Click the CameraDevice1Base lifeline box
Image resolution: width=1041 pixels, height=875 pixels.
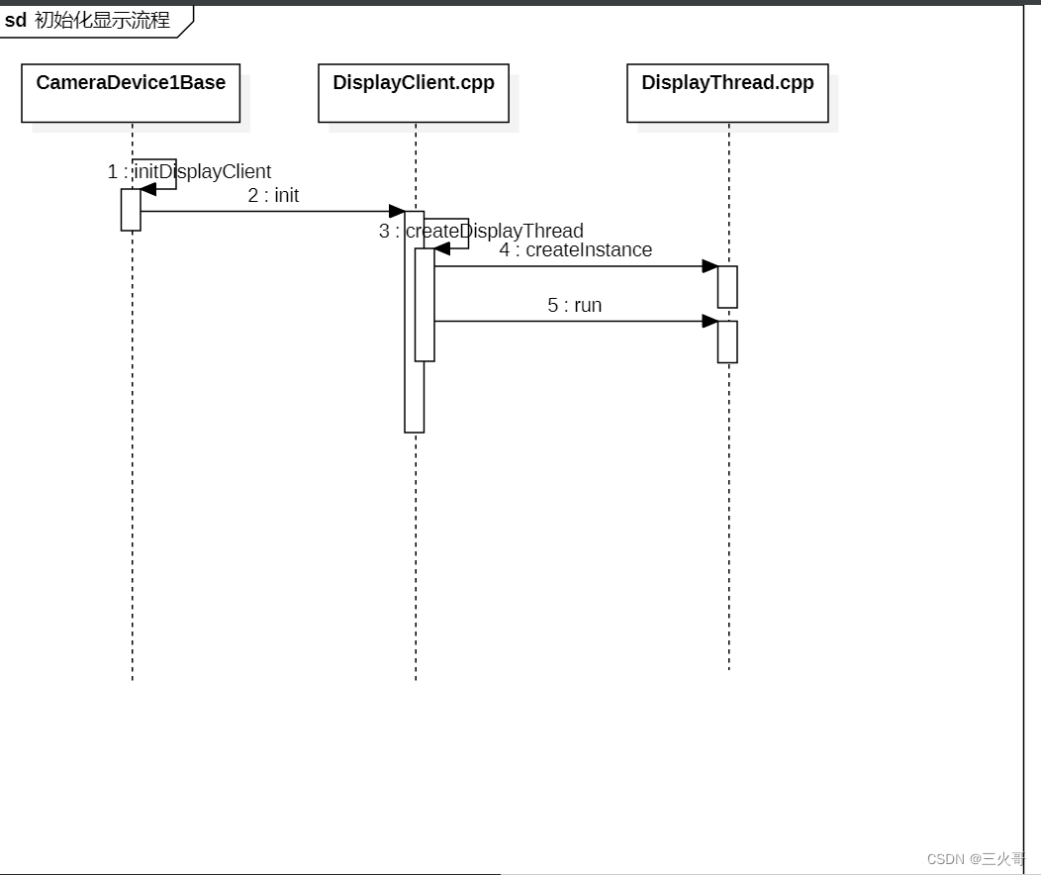(131, 93)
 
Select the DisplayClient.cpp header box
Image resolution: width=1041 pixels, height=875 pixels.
(414, 93)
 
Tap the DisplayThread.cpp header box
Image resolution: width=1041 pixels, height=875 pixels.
(727, 93)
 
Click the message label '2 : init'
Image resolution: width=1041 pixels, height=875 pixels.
(273, 196)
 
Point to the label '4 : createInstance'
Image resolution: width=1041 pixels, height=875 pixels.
(575, 250)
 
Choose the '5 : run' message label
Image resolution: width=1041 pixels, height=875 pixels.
(574, 305)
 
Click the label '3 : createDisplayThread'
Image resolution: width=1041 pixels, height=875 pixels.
(481, 232)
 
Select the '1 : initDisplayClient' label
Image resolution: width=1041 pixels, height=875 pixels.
(189, 172)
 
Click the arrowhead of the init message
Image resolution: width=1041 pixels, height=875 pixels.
(397, 211)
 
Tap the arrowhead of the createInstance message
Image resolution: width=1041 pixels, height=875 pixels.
(710, 266)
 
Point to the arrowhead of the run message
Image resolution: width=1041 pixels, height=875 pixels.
(710, 321)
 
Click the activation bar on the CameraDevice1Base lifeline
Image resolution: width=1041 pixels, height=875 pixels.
(131, 210)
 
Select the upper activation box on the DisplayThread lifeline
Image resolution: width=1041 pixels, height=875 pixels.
(727, 287)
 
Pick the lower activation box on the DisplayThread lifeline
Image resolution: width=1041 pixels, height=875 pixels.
(727, 341)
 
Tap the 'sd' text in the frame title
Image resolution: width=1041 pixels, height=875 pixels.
(16, 20)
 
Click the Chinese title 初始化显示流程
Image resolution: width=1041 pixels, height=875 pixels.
(102, 20)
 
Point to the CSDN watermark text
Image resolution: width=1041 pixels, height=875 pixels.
(975, 858)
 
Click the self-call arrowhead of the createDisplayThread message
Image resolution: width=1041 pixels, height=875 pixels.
(442, 248)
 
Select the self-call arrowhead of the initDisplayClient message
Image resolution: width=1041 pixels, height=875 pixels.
(148, 189)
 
